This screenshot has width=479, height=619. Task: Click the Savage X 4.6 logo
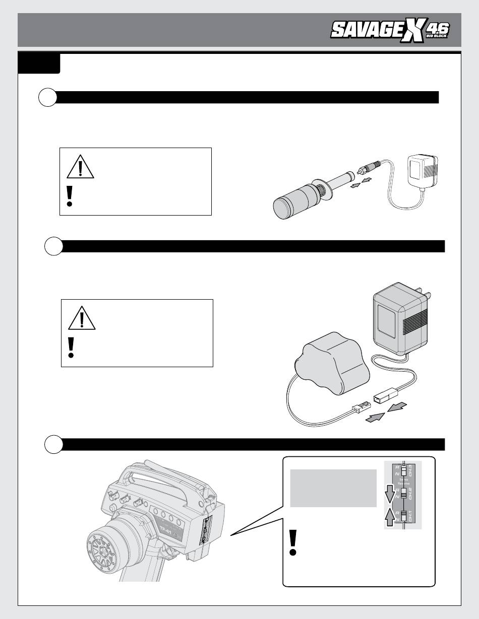point(389,32)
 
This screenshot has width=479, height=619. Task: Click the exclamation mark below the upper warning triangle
point(70,195)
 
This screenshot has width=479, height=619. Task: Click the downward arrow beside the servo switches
point(389,494)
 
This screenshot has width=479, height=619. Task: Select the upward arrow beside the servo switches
point(389,516)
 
